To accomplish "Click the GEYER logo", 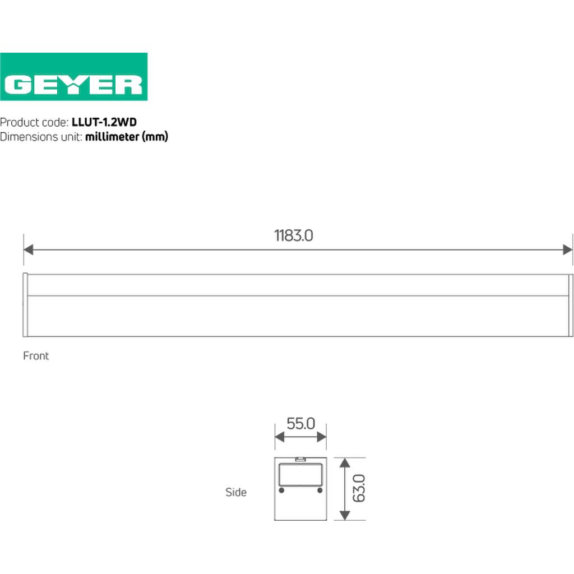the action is tap(73, 76).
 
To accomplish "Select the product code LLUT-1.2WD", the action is tap(104, 122).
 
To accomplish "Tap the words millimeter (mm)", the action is tap(127, 137).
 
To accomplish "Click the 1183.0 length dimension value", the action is tap(294, 235).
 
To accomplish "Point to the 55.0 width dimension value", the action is tap(300, 424).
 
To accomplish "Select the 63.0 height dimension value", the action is tap(359, 488).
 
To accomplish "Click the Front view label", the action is tap(36, 356).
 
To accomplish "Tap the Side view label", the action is tap(236, 492).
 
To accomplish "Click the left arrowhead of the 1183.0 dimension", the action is tap(28, 249).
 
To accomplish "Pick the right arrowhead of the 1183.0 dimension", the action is tap(568, 249).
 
